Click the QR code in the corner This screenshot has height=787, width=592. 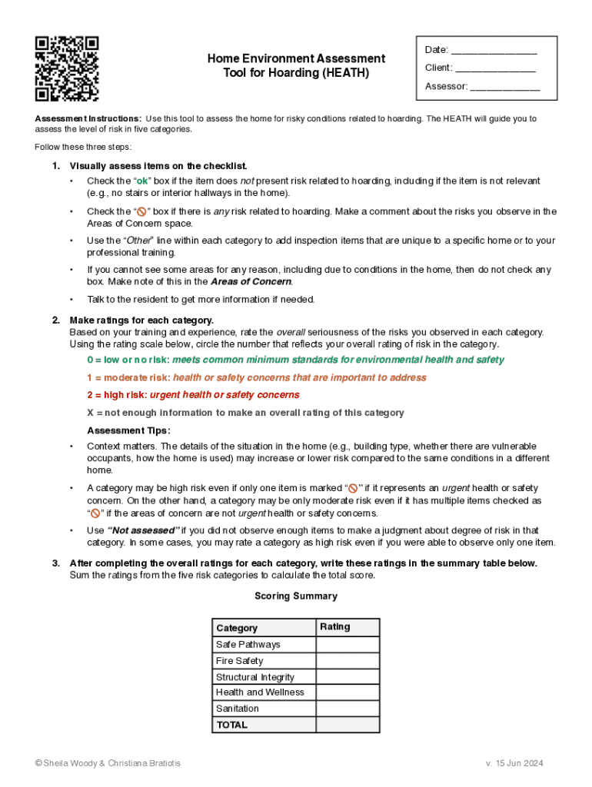point(67,69)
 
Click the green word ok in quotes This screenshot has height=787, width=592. point(143,181)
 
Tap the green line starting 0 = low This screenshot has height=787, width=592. point(296,360)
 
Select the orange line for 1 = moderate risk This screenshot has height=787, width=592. point(257,377)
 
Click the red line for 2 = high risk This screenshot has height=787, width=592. point(193,395)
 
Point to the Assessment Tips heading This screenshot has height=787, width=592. point(128,430)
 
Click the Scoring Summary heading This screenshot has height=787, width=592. point(295,596)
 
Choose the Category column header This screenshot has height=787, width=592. point(237,628)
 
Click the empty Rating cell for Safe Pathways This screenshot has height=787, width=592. point(348,645)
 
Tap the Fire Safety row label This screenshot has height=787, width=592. point(239,661)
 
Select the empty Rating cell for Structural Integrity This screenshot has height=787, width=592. point(348,677)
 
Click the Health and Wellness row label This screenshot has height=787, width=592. point(260,692)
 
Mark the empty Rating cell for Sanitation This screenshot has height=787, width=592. point(348,709)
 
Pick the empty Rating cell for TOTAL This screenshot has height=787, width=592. point(348,725)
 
